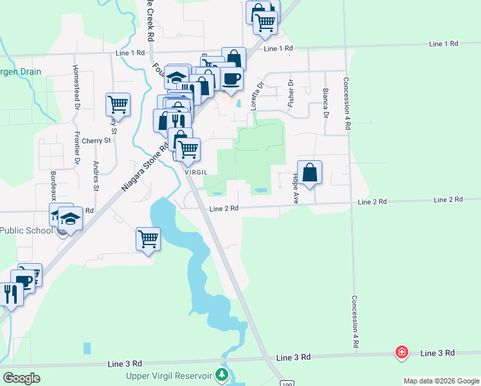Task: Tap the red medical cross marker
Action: pos(402,353)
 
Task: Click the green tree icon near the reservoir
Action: pos(222,374)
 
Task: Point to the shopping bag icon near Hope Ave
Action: pos(309,173)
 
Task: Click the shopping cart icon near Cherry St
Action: pos(118,104)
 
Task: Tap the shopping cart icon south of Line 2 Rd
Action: pos(148,239)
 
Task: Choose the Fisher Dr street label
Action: pos(291,92)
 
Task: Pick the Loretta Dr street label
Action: pos(260,93)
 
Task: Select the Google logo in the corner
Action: pos(21,378)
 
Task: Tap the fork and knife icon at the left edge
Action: pos(11,295)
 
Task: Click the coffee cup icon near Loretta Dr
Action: pos(231,78)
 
